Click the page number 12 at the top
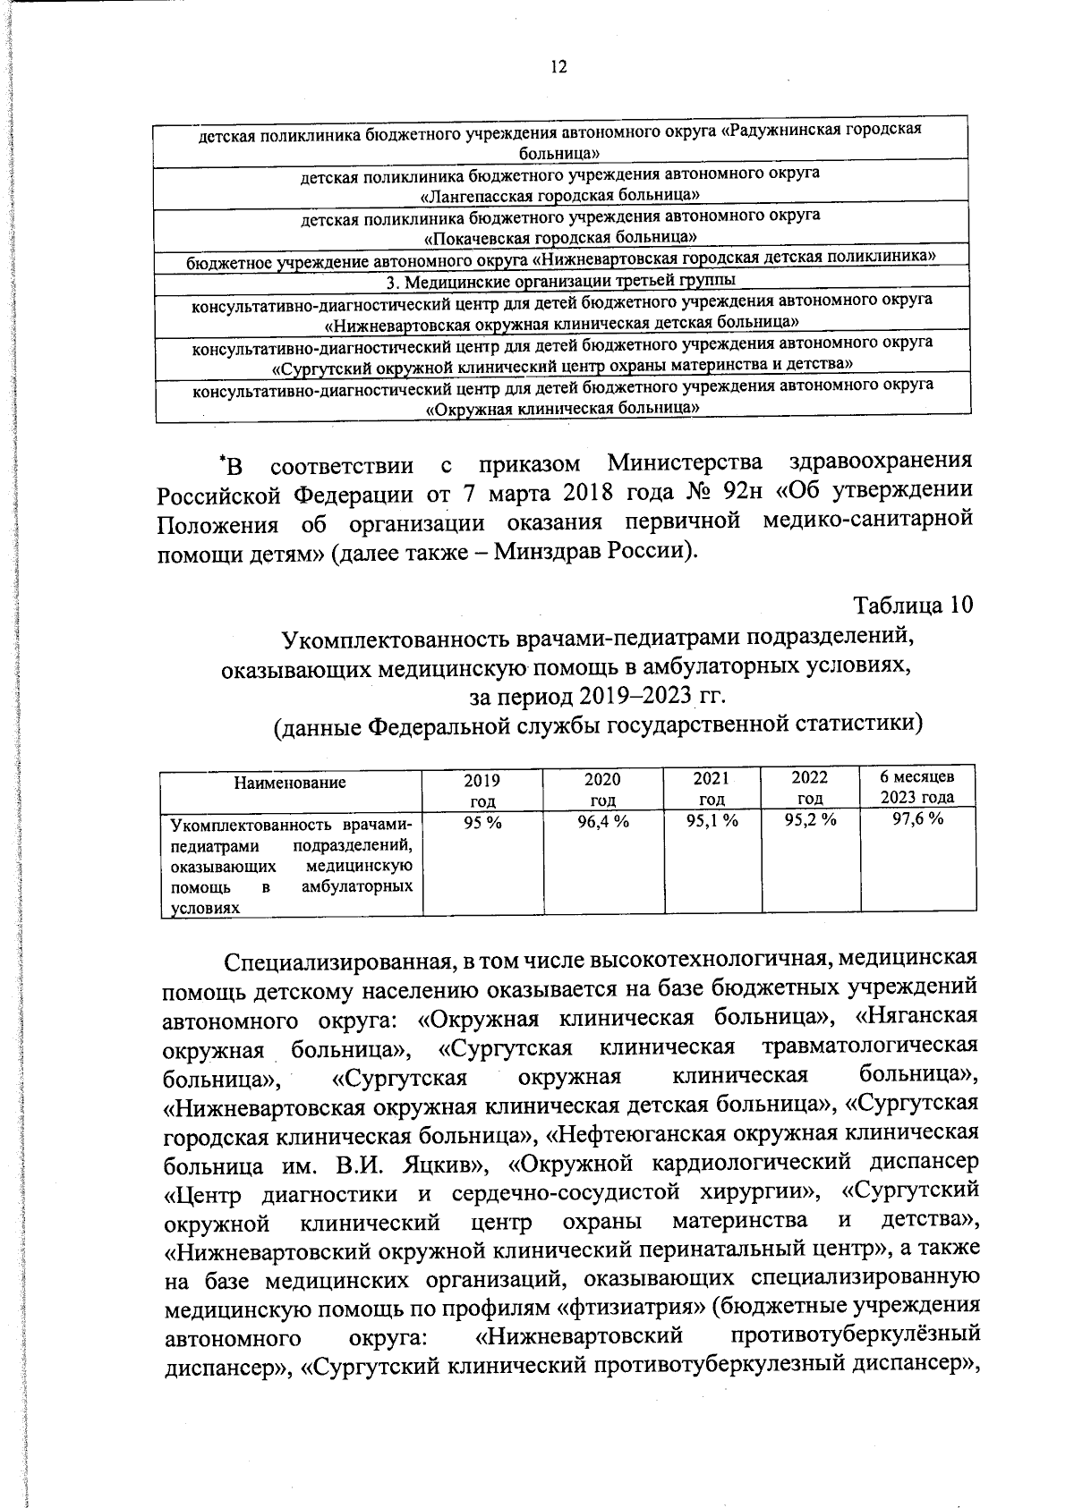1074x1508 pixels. [558, 67]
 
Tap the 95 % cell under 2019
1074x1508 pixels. [483, 822]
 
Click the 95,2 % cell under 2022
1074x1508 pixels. [810, 822]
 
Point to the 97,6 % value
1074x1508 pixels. [917, 821]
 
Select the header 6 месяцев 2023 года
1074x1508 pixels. [917, 787]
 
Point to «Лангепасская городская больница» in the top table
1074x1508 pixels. [561, 194]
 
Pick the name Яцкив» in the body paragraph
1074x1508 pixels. [440, 1165]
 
